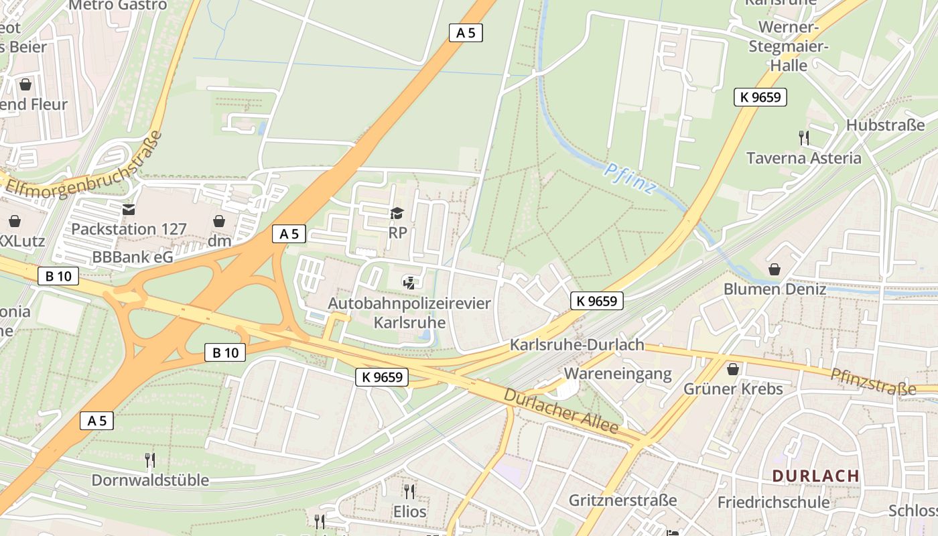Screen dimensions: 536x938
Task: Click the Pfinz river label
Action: pyautogui.click(x=630, y=178)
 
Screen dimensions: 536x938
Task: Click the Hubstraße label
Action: pyautogui.click(x=885, y=125)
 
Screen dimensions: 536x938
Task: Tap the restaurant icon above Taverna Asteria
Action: pyautogui.click(x=804, y=138)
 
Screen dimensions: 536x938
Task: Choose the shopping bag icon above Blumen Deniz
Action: pyautogui.click(x=775, y=269)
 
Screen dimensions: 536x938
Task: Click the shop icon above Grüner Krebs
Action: pyautogui.click(x=733, y=369)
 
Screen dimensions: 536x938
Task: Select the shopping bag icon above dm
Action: pyautogui.click(x=219, y=221)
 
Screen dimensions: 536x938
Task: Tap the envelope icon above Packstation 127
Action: pyautogui.click(x=129, y=210)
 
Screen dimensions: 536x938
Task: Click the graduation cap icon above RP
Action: pyautogui.click(x=397, y=214)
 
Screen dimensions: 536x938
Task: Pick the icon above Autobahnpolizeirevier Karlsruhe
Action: pyautogui.click(x=409, y=283)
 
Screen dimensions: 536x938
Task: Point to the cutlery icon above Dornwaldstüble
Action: pyautogui.click(x=150, y=460)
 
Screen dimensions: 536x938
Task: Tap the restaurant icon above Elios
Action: pyautogui.click(x=409, y=491)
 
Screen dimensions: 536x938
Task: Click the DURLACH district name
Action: pyautogui.click(x=815, y=476)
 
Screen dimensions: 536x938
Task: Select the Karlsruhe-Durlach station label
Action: pyautogui.click(x=577, y=345)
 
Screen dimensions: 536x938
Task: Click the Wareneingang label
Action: pyautogui.click(x=618, y=374)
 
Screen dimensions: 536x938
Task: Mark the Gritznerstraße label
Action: pyautogui.click(x=622, y=500)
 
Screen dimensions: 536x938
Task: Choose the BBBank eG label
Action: pyautogui.click(x=133, y=257)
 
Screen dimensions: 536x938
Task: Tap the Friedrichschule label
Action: pyautogui.click(x=773, y=502)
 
